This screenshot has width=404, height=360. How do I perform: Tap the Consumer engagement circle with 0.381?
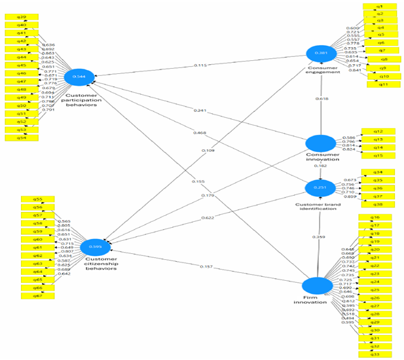321,54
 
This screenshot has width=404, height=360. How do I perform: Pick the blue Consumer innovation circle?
321,145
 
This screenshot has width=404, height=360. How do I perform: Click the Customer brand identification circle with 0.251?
321,189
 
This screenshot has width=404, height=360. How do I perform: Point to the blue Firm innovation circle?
317,285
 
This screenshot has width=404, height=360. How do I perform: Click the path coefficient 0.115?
200,65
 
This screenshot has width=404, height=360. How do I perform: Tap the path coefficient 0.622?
206,217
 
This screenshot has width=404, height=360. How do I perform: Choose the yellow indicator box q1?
379,7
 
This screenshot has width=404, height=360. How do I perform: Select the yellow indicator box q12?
378,131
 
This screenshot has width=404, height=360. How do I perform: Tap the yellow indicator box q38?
378,204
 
